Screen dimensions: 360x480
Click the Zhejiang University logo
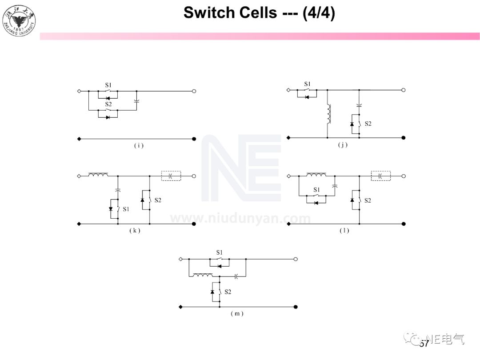coord(19,20)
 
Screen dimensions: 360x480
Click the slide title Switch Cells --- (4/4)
coord(259,13)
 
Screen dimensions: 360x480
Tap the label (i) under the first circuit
coord(139,146)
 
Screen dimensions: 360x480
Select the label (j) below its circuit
coord(342,145)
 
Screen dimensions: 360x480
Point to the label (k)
coord(135,231)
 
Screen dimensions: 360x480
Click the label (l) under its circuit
coord(344,231)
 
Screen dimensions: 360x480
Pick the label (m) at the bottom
coord(237,313)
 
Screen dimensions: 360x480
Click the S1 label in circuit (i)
coord(108,84)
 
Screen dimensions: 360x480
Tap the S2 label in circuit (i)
coord(108,104)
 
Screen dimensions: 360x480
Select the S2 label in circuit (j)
coord(368,124)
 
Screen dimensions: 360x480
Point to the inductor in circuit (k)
coord(98,175)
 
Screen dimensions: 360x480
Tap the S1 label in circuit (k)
coord(126,209)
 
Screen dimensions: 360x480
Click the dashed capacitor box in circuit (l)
coord(381,176)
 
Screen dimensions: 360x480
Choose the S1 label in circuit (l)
coord(316,189)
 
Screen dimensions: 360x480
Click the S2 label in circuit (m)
coord(228,292)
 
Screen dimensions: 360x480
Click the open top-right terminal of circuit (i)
coord(194,91)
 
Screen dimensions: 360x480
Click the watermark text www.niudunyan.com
coord(240,219)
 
